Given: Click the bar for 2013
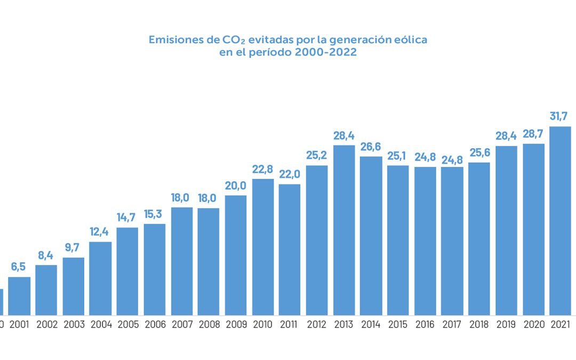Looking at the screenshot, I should (344, 230).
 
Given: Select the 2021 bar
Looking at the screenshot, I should (561, 221).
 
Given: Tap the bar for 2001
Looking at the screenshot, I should (19, 296).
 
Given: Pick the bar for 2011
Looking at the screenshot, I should (290, 250).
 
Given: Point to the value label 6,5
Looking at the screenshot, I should (19, 266).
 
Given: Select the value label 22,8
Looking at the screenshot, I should (263, 169).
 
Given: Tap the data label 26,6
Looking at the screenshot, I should (371, 146).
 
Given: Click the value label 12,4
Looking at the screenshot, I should (100, 231).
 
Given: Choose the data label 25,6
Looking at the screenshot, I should (479, 152).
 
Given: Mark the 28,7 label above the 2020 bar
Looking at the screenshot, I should (533, 133).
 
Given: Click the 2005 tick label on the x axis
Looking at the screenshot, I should (127, 324).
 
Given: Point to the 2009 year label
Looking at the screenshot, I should (236, 324).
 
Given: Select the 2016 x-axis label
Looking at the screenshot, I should (425, 324).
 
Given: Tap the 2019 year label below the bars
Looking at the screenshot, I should (506, 324).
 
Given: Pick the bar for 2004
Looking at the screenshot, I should (100, 278).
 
